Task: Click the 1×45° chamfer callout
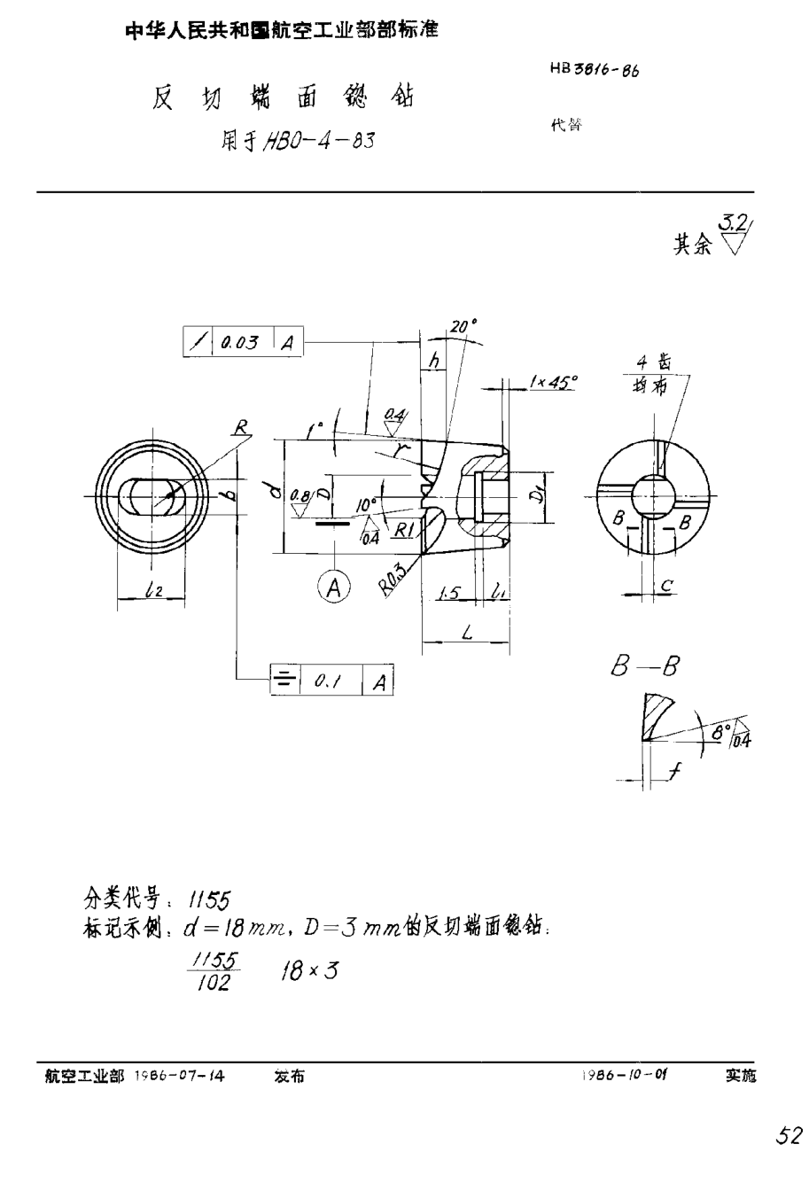(552, 383)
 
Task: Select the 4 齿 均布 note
(656, 374)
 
